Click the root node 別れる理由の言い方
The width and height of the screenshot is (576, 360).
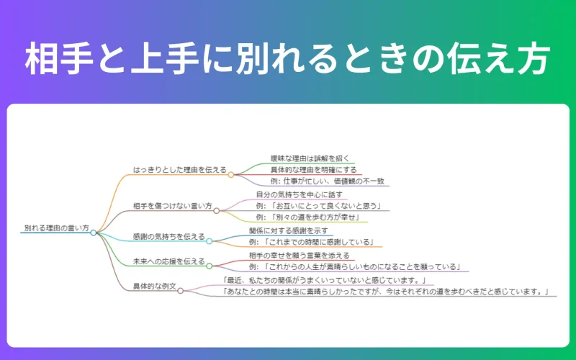click(55, 228)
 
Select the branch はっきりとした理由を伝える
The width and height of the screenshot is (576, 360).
click(180, 170)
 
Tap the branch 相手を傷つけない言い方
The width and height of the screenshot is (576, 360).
click(173, 206)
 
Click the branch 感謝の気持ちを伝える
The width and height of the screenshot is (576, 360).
click(169, 236)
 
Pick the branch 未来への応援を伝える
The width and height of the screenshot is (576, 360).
click(169, 261)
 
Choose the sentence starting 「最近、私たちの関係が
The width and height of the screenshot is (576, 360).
click(327, 279)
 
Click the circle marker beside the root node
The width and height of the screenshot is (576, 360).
click(94, 233)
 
